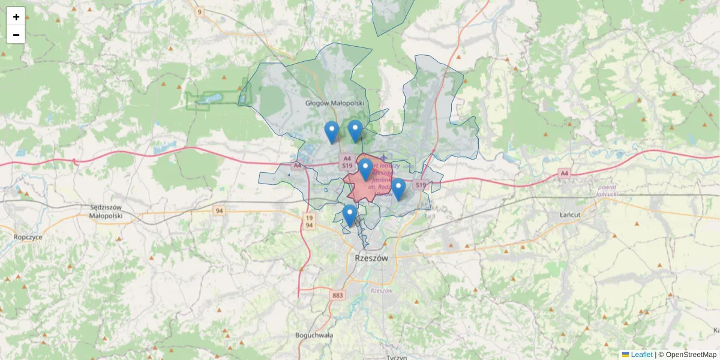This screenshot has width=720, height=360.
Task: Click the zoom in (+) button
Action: coord(16,17)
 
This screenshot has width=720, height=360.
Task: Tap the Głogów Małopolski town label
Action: coord(335,103)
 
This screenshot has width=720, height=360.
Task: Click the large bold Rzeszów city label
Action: coord(367,258)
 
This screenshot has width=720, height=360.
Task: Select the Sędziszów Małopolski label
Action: coord(106,211)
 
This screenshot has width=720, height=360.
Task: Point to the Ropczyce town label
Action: coord(28,237)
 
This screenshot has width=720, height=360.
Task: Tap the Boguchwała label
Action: coord(314,335)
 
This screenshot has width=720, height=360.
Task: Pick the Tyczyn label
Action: coord(397,357)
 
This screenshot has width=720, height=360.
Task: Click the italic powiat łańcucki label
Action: coord(611,190)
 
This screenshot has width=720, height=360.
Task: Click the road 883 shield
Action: coord(338,295)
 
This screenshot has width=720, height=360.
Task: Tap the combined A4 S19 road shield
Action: coord(347,161)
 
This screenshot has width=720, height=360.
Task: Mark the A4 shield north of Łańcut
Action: coord(564,173)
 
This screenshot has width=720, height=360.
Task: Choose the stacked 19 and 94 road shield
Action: coord(309,221)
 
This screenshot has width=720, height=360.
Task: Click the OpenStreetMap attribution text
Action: coord(691,355)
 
